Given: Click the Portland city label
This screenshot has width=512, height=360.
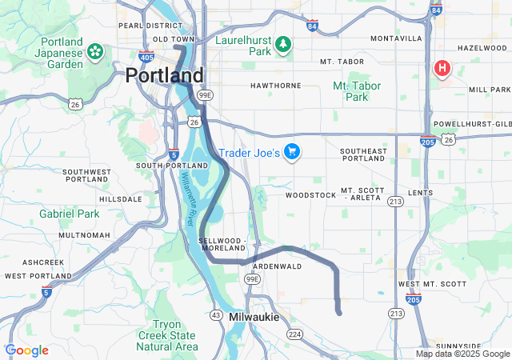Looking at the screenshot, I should coord(164,75).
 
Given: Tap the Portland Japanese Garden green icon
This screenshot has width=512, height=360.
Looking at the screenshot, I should coord(95,51).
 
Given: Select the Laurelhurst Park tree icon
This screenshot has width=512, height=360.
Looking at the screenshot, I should coord(282,45).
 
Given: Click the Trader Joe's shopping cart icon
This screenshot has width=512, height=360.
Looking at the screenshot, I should coord(292,151).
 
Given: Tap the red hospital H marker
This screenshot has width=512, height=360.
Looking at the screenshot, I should coord(441,69).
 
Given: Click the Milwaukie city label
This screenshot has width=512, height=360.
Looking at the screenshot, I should coord(254,318).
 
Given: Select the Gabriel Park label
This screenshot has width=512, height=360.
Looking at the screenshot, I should coord(70,214).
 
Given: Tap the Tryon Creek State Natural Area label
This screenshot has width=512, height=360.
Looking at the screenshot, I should coord(166,335).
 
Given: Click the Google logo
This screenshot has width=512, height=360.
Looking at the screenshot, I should coord(26,350).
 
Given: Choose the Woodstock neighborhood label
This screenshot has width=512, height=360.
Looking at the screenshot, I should coord(310,194).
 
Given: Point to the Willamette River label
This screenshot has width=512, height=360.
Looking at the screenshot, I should coord(189,199).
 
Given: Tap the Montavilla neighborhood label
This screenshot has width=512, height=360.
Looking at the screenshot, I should coord(396,38).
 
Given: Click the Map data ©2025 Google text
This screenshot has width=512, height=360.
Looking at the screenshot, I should coord(462,354).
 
